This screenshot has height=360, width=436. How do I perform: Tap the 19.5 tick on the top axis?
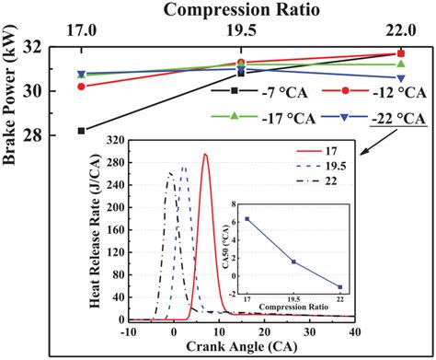pos(240,32)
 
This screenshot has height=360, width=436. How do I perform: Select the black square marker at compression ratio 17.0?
pos(81,131)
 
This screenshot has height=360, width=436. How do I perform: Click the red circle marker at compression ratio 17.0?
pos(81,87)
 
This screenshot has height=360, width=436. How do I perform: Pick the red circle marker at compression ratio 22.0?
pos(401,53)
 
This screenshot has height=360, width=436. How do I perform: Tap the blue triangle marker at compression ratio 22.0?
pos(401,77)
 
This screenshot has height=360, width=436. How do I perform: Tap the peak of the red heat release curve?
pos(205,155)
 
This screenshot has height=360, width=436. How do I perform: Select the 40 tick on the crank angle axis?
pos(356,332)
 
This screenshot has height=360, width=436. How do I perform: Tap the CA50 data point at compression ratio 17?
pos(247,219)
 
